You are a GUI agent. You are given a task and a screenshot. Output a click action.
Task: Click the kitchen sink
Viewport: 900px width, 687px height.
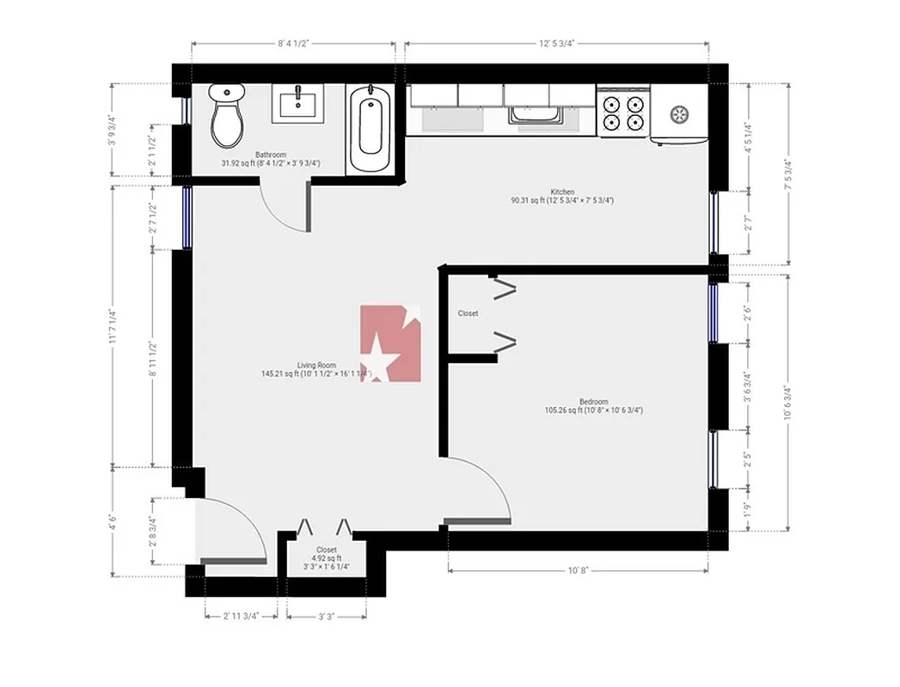click(x=535, y=115)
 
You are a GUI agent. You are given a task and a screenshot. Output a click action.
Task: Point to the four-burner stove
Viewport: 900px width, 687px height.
click(x=623, y=112)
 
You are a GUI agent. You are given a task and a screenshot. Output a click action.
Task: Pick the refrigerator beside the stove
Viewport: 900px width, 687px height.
click(x=678, y=112)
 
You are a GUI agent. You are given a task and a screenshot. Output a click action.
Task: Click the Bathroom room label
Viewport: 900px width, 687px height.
click(x=270, y=155)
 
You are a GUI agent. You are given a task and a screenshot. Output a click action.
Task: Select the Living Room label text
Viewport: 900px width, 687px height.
click(x=316, y=364)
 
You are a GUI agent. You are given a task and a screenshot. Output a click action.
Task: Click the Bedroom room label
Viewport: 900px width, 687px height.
click(x=593, y=401)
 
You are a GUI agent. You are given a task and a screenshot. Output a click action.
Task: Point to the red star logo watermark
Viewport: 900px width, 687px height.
click(x=391, y=343)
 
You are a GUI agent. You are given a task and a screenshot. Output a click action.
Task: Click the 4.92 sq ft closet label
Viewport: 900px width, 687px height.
click(x=326, y=558)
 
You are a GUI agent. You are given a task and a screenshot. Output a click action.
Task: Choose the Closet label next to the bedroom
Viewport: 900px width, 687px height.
click(x=468, y=313)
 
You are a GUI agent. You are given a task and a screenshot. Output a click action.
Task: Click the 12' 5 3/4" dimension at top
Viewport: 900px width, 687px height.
click(x=556, y=41)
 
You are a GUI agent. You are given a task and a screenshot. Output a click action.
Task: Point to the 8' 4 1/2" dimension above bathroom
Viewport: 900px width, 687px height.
click(x=293, y=41)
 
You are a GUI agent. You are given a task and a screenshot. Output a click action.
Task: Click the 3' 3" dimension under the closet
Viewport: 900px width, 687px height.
click(x=326, y=616)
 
